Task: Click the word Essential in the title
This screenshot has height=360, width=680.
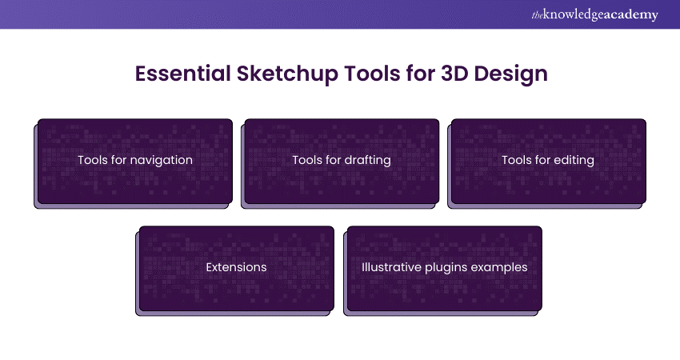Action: click(x=182, y=74)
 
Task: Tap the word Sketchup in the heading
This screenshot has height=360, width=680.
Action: click(x=287, y=74)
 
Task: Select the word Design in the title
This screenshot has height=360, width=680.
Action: click(x=511, y=74)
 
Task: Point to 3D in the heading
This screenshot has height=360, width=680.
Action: click(x=454, y=74)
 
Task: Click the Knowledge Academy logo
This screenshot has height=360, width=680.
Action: click(x=594, y=14)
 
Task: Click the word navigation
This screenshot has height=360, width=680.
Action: click(x=161, y=161)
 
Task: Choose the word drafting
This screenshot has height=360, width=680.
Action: click(x=367, y=161)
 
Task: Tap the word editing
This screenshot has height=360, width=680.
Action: click(x=574, y=161)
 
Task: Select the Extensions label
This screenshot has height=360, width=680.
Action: click(x=236, y=267)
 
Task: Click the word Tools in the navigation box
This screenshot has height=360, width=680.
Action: click(x=93, y=160)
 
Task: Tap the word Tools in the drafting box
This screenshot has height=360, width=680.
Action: click(x=307, y=160)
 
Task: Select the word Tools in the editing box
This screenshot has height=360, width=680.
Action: click(x=517, y=160)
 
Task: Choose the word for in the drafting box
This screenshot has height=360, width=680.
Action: click(x=334, y=160)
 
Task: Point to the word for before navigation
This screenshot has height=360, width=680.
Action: click(x=119, y=160)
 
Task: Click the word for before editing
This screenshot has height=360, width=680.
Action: click(x=543, y=160)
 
